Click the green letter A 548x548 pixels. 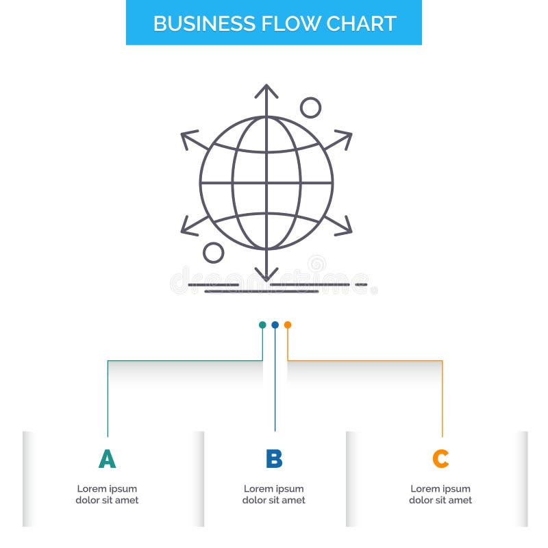(107, 459)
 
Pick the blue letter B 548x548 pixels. (274, 459)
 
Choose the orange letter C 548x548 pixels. (440, 459)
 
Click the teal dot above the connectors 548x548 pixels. (262, 325)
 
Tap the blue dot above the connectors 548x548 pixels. (275, 325)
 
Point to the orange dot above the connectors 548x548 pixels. (288, 325)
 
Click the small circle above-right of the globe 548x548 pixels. (311, 108)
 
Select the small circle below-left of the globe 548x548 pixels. (214, 253)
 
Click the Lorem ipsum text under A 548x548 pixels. (107, 495)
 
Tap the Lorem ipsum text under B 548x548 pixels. (274, 495)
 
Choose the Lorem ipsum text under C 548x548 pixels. (440, 495)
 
